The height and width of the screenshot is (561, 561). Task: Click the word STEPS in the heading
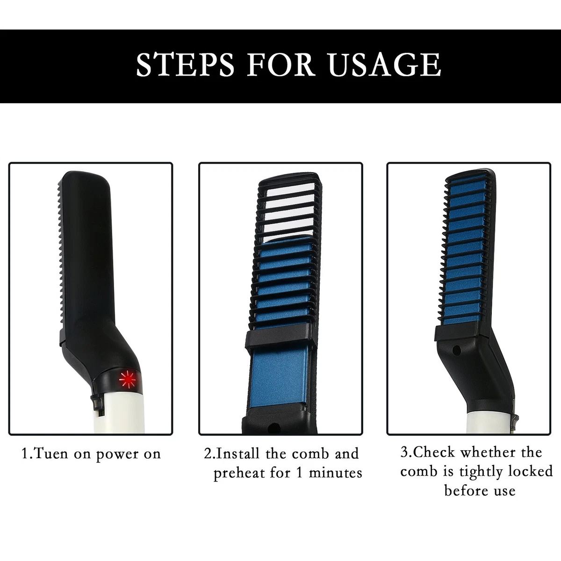pyautogui.click(x=185, y=65)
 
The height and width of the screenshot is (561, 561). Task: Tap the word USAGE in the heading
pyautogui.click(x=385, y=65)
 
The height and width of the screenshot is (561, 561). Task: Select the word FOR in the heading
pyautogui.click(x=281, y=65)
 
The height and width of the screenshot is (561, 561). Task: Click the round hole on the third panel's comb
pyautogui.click(x=457, y=350)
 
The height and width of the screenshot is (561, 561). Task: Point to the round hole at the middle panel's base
pyautogui.click(x=274, y=428)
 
